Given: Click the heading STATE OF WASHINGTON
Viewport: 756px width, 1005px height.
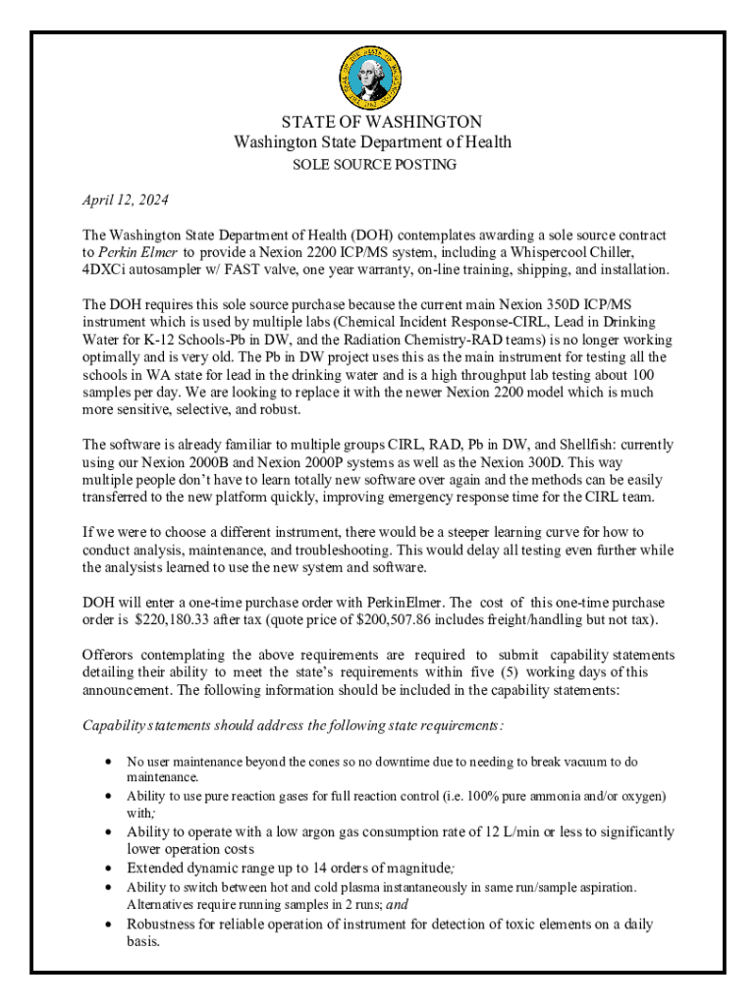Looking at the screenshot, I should [381, 122].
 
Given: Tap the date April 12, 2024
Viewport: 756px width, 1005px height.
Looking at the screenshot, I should [126, 200].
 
